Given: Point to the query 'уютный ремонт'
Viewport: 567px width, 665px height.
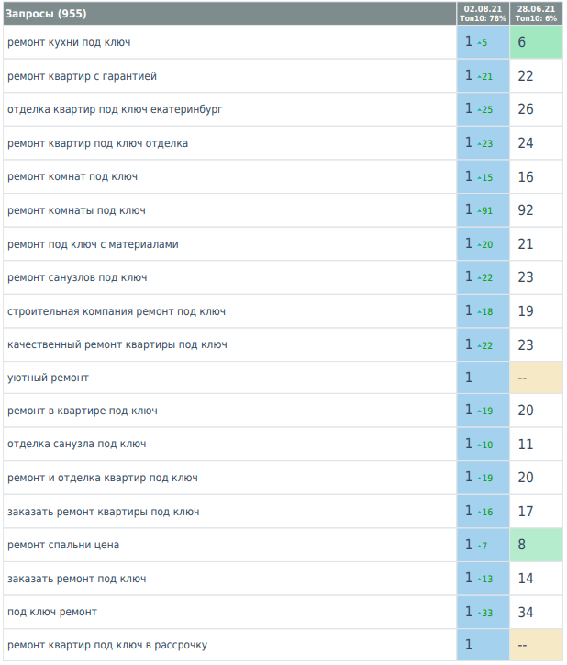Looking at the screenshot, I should click(x=48, y=378).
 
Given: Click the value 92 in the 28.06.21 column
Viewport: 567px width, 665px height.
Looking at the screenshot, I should click(x=526, y=210).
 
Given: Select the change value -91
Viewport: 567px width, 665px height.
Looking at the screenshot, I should click(x=485, y=211).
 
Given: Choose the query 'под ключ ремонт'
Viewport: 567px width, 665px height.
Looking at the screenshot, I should click(x=52, y=612).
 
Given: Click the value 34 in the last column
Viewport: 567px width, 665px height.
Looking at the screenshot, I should click(x=526, y=612).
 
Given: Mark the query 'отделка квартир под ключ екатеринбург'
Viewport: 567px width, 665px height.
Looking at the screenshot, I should click(x=115, y=109).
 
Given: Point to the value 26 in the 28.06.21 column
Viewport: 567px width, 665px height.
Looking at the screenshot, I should click(x=526, y=109).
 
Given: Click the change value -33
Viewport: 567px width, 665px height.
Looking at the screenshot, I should click(x=485, y=613).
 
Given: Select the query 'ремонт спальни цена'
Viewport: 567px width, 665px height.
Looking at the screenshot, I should click(x=63, y=545).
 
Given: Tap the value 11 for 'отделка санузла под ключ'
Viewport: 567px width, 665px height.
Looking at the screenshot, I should click(x=526, y=445).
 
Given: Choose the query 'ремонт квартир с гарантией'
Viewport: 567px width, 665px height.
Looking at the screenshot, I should click(x=82, y=76).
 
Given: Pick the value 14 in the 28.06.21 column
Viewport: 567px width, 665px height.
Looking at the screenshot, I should click(x=526, y=579).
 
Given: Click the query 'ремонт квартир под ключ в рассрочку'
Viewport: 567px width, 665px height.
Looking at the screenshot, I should click(x=107, y=645).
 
